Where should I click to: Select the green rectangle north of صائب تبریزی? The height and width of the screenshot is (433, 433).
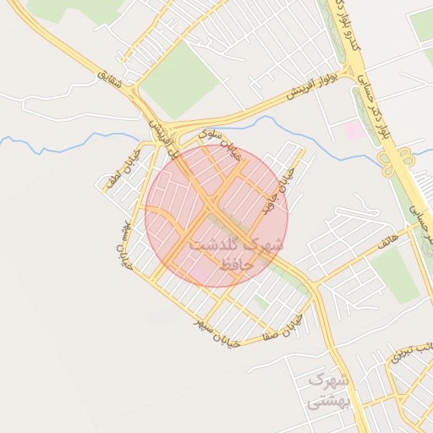(394, 275)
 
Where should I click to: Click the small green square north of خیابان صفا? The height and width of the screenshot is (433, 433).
(261, 301)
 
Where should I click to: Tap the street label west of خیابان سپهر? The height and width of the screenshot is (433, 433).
(125, 241)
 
